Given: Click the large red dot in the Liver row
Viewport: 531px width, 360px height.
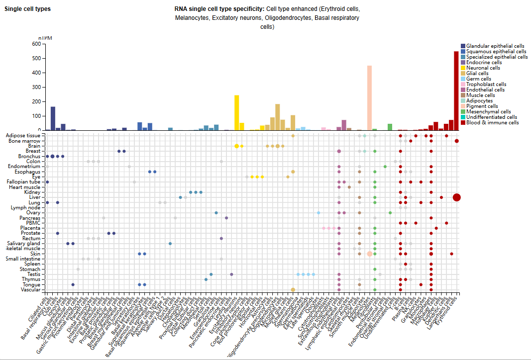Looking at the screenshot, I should [457, 197].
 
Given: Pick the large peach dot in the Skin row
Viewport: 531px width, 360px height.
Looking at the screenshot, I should [370, 254].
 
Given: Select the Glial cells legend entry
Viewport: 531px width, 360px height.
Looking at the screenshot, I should [478, 73].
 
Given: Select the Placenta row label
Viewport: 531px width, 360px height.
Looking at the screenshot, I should [28, 228].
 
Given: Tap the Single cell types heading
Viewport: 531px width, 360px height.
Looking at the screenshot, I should [27, 9].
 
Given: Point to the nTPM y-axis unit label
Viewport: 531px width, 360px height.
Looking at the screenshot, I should [45, 38].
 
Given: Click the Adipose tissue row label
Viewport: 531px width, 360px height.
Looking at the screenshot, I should [23, 135].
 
